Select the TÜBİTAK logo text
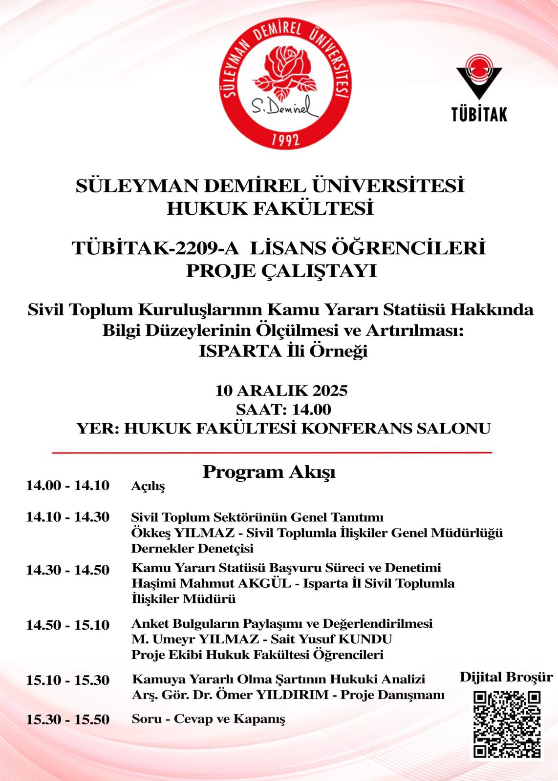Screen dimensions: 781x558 pos(479,114)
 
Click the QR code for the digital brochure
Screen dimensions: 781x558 pos(507,725)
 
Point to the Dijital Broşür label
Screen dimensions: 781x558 pos(506,677)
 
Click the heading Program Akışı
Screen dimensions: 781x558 pos(269,472)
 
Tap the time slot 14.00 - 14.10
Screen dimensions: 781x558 pos(67,486)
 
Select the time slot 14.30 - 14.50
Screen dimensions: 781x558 pos(67,570)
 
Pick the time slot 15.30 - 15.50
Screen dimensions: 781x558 pos(67,719)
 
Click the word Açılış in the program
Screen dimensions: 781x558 pos(148,486)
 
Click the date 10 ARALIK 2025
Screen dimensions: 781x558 pos(281,390)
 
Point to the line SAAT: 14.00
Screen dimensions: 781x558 pos(283,409)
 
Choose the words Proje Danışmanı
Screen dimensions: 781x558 pos(392,695)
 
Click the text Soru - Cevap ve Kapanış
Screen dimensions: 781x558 pos(208,719)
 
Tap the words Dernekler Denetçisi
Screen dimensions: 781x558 pos(192,548)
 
